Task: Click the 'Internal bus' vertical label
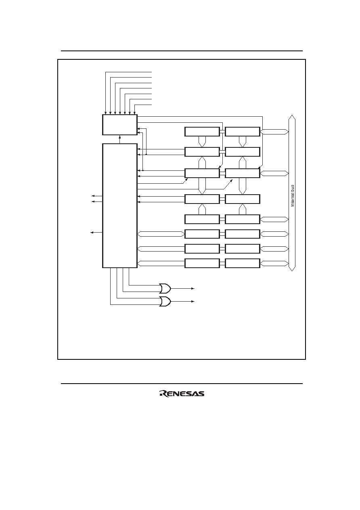pos(293,195)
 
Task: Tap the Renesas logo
pos(182,393)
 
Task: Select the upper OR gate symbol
pos(165,288)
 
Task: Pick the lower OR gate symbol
pos(165,302)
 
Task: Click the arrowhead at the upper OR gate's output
pos(193,288)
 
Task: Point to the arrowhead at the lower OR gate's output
pos(193,302)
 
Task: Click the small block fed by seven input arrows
pos(120,125)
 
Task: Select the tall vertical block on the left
pos(120,206)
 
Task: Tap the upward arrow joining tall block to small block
pos(120,139)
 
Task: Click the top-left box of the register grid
pos(202,132)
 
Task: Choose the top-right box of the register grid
pos(243,132)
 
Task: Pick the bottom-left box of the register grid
pos(202,263)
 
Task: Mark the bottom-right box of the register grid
pos(243,263)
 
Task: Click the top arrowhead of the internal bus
pos(292,117)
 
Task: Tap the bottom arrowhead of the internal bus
pos(292,269)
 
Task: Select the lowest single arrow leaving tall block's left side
pos(96,233)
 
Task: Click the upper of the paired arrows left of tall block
pos(97,196)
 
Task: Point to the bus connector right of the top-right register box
pos(274,132)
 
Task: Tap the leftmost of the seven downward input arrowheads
pos(106,113)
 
